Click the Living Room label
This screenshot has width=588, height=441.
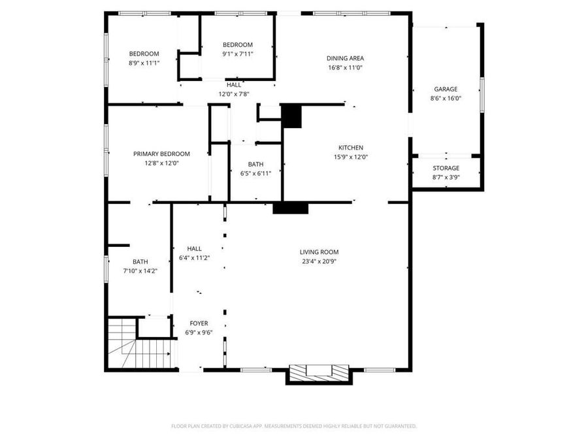pyautogui.click(x=319, y=252)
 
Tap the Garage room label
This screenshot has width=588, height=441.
pyautogui.click(x=446, y=90)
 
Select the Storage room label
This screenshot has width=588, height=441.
pyautogui.click(x=446, y=169)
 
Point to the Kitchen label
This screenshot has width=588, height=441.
pyautogui.click(x=350, y=148)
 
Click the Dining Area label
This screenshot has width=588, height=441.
pyautogui.click(x=345, y=58)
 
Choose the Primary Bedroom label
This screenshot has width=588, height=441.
pyautogui.click(x=161, y=154)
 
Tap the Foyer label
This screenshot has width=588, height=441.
pyautogui.click(x=199, y=323)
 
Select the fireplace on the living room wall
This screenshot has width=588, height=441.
pyautogui.click(x=319, y=372)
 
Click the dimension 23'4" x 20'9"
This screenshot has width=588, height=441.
pyautogui.click(x=319, y=261)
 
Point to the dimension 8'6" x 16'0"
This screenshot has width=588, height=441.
pyautogui.click(x=446, y=99)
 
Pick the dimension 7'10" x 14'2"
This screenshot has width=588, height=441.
pyautogui.click(x=140, y=270)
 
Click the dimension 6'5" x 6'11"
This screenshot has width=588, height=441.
pyautogui.click(x=255, y=173)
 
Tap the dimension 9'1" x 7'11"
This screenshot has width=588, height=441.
pyautogui.click(x=237, y=54)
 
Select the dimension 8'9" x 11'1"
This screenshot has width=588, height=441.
pyautogui.click(x=144, y=63)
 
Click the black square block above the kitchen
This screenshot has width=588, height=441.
pyautogui.click(x=291, y=116)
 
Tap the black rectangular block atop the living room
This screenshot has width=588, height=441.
pyautogui.click(x=290, y=208)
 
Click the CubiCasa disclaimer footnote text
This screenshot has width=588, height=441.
pyautogui.click(x=293, y=426)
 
